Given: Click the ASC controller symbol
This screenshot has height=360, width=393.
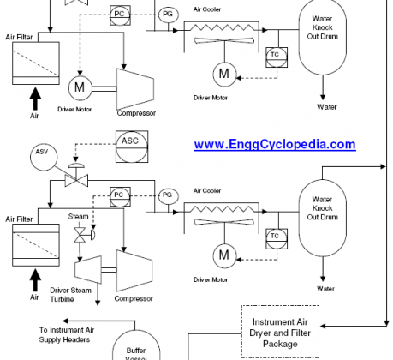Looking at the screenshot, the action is tap(132, 147).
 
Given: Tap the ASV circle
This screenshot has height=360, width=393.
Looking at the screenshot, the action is tap(44, 157).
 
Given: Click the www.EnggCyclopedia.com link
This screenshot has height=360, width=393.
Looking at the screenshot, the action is tap(275, 144).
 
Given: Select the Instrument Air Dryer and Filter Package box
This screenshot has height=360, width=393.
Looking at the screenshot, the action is tap(280, 332).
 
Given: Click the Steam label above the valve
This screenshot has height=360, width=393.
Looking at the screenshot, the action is tap(78, 217).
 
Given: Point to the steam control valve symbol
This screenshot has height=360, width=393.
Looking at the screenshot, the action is tap(83, 235).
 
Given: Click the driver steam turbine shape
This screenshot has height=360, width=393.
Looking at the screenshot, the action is tap(88, 269).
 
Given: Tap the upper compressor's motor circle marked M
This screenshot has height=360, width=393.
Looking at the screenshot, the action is tap(80, 87).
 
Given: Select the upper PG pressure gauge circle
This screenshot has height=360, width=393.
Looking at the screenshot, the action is tap(169, 15).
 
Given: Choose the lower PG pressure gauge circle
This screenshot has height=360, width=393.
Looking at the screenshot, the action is tap(169, 196).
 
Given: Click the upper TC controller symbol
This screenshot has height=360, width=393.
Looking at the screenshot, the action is tap(277, 57).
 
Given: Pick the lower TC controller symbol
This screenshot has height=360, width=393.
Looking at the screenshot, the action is tap(277, 238).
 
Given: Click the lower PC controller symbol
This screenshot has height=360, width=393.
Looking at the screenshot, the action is tap(120, 197).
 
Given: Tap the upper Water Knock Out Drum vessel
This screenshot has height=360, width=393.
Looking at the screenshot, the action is tap(323, 37).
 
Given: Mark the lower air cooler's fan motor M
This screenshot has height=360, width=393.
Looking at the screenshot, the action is tap(224, 255).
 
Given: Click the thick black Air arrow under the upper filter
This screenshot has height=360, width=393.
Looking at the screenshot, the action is tap(35, 99).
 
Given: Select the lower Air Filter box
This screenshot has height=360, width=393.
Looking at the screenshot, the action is tap(36, 245).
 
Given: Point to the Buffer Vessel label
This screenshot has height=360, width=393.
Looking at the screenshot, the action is tap(136, 354).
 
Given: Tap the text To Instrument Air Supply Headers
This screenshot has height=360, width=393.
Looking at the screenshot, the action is tap(67, 334).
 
